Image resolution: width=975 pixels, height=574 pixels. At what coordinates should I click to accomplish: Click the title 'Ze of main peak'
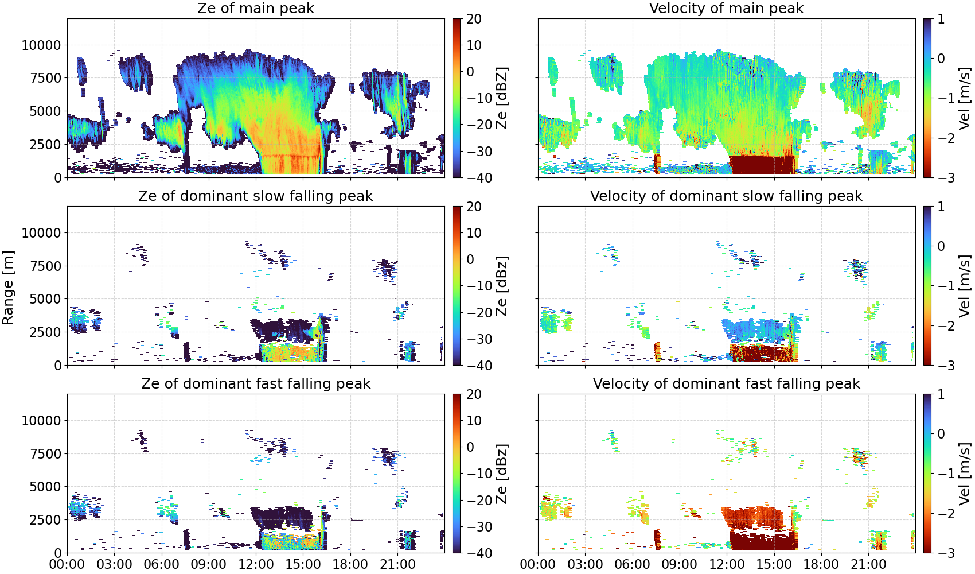pos(255,8)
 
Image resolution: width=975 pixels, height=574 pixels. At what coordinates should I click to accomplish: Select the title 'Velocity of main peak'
pos(727,8)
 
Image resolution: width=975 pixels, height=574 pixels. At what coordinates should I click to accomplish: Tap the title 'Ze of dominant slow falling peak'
pos(255,196)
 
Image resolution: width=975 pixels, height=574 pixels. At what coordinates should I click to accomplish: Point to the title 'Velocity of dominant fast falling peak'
pos(727,383)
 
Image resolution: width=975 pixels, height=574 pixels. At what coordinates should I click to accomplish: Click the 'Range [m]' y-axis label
pos(8,288)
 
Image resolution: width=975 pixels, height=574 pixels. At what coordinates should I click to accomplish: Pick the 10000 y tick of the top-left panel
pos(42,45)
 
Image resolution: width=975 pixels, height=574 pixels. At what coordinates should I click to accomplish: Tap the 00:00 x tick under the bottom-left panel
pos(67,564)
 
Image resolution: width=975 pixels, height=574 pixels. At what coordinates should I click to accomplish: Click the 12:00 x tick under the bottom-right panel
pos(727,564)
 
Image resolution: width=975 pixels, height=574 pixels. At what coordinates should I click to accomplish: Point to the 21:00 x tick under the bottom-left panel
pos(397,564)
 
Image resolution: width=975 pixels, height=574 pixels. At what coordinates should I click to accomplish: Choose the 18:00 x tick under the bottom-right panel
pos(821,564)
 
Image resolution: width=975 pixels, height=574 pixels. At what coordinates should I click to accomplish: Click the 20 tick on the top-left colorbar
pos(474,19)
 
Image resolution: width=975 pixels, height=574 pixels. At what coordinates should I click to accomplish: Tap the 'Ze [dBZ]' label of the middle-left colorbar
pos(502,286)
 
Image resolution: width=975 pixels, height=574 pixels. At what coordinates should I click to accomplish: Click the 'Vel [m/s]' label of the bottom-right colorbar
pos(965,474)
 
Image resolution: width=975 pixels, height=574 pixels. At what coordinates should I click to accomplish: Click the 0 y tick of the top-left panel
pos(57,178)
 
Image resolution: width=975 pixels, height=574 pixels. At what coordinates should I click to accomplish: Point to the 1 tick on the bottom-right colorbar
pos(941,394)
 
